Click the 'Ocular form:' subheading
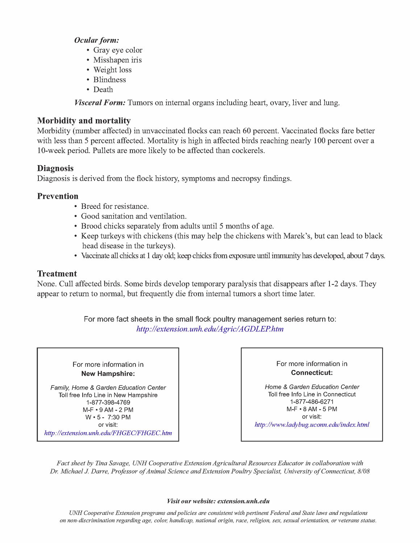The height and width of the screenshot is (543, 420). click(x=96, y=40)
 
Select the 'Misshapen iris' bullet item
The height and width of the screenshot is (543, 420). click(x=117, y=60)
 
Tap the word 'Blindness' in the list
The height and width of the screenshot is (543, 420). click(x=109, y=80)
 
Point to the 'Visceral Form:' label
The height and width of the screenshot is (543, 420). click(x=100, y=103)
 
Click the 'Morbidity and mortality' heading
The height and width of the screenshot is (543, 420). click(x=84, y=121)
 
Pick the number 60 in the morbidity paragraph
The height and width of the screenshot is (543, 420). click(x=247, y=131)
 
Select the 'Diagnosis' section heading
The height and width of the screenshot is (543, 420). click(x=55, y=168)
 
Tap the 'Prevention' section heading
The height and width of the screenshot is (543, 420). click(x=58, y=196)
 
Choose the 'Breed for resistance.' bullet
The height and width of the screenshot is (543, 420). click(x=115, y=206)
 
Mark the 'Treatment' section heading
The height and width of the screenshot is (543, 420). click(x=57, y=274)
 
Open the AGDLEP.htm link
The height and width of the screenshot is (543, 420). click(x=210, y=329)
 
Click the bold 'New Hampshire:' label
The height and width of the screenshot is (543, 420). click(x=108, y=374)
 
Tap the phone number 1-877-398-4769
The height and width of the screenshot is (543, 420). click(x=108, y=403)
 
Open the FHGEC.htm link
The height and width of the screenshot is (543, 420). click(x=108, y=433)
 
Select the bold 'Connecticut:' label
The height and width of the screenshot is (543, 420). click(x=312, y=373)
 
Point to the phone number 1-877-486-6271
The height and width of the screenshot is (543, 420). click(x=312, y=402)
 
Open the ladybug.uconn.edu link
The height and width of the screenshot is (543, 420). click(x=312, y=425)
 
